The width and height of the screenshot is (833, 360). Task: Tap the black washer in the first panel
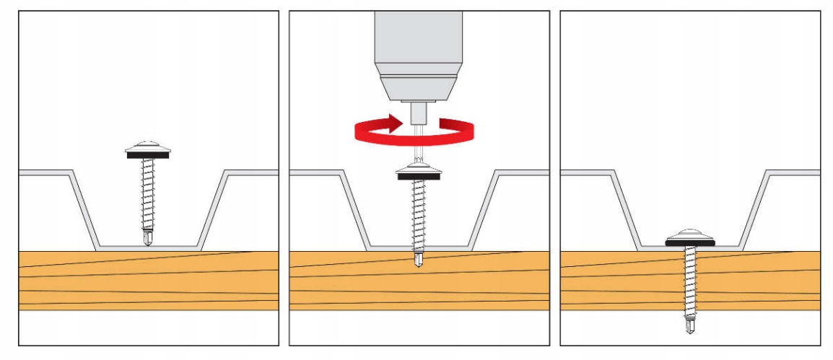coord(148,154)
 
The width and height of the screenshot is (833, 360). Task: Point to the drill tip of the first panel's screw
coord(148,237)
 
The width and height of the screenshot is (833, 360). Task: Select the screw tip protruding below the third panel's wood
coord(689,326)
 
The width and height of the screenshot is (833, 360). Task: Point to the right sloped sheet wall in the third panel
coord(754,209)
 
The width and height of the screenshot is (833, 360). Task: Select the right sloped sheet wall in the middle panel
coord(484,209)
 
